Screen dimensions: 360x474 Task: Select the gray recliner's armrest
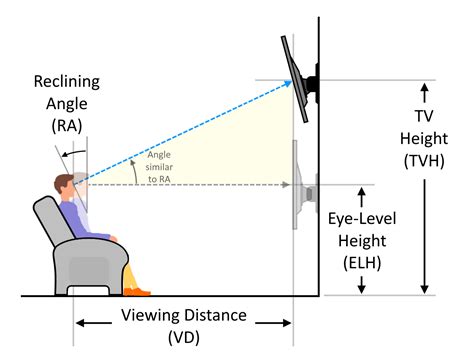(96, 249)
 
